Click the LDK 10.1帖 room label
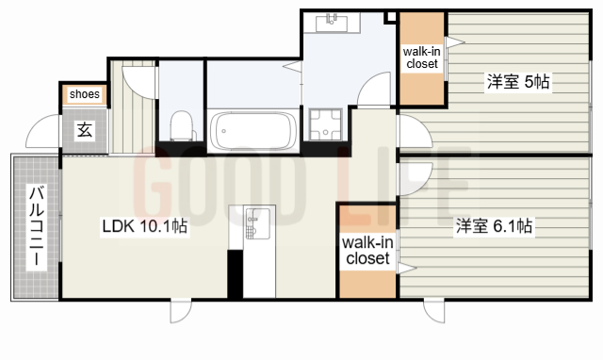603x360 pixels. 144,226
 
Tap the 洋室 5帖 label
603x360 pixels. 518,82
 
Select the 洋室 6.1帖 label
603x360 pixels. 494,226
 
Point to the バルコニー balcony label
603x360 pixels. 37,225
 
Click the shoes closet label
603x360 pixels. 85,94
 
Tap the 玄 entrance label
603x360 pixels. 85,130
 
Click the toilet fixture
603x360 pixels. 182,125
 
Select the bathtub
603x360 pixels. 253,131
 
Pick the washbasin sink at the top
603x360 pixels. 332,23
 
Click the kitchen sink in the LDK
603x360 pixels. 257,224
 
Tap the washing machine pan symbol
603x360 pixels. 325,124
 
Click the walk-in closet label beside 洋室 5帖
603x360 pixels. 422,57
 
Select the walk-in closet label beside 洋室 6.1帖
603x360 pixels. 367,251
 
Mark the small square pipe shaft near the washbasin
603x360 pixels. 391,17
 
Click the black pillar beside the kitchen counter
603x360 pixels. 236,274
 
